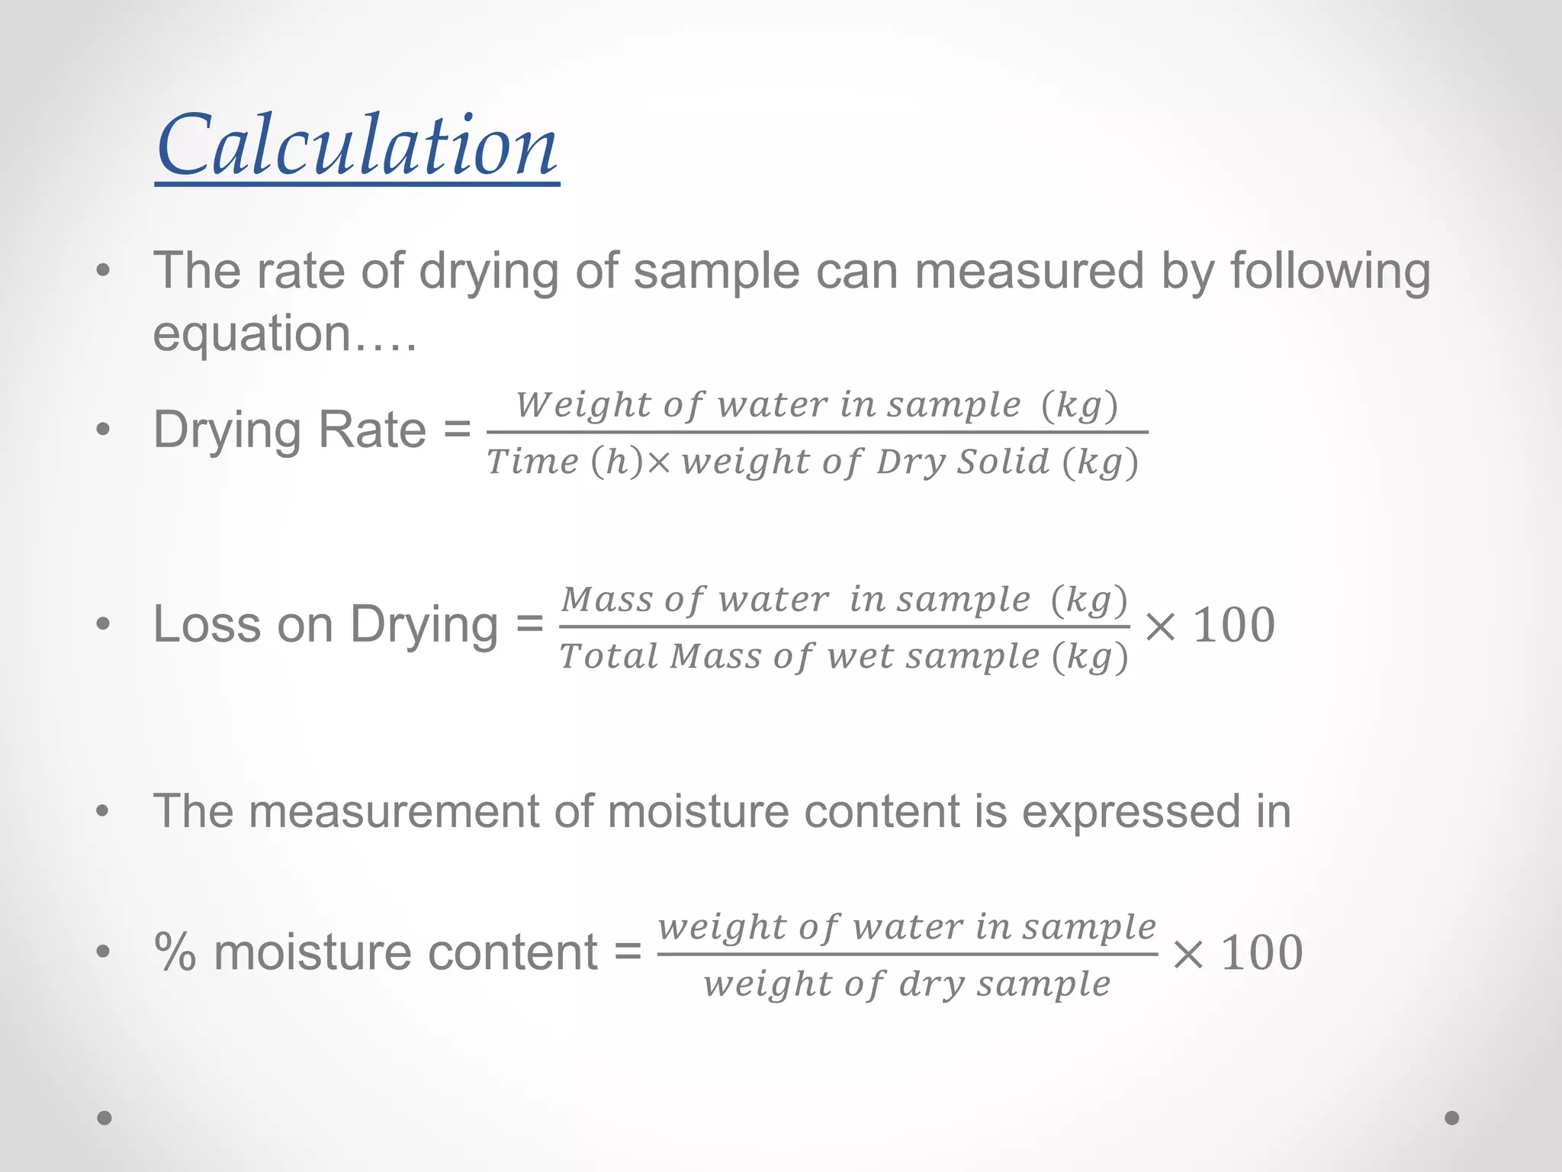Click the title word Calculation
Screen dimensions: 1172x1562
pyautogui.click(x=357, y=145)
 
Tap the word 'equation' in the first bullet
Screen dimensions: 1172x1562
pyautogui.click(x=252, y=334)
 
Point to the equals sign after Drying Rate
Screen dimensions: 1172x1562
pyautogui.click(x=457, y=430)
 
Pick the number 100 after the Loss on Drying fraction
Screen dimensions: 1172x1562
pyautogui.click(x=1233, y=626)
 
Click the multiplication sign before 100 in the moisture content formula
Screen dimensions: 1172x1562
pyautogui.click(x=1188, y=954)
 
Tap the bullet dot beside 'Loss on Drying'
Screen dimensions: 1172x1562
pyautogui.click(x=104, y=625)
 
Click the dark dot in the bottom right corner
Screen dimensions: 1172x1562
pyautogui.click(x=1452, y=1118)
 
